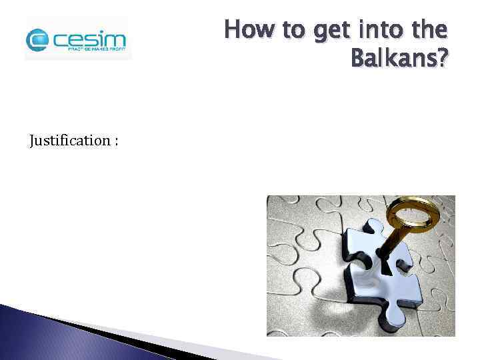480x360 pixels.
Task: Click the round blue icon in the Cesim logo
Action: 37,40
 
